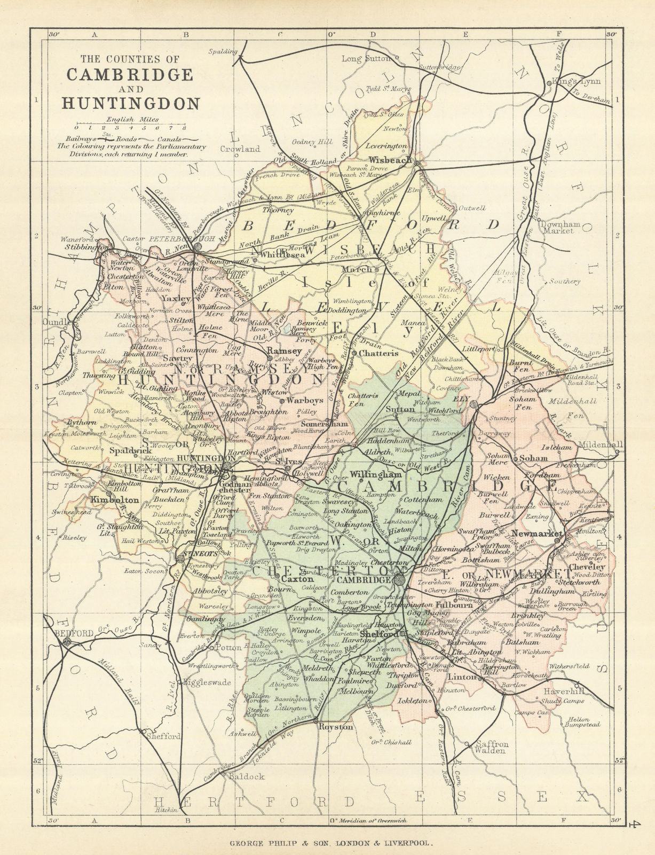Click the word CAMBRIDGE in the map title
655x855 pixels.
(x=129, y=74)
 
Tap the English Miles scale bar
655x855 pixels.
(x=130, y=128)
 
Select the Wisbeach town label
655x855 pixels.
(x=390, y=159)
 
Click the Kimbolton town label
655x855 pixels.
(x=115, y=501)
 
